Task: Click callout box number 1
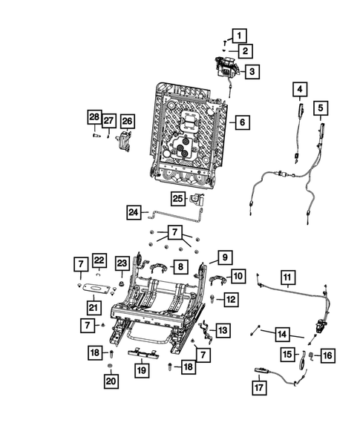[239, 35]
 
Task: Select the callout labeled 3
[252, 72]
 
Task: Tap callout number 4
[299, 91]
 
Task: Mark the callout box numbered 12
[232, 299]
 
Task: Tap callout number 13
[223, 329]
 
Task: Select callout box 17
[258, 387]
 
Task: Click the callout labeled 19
[139, 369]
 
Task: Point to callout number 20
[111, 381]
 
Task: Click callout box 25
[177, 199]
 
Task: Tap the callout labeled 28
[94, 119]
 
